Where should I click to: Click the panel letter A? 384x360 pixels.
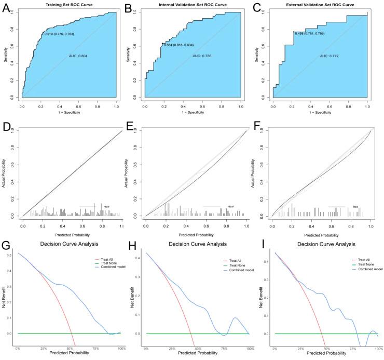pyautogui.click(x=7, y=8)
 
